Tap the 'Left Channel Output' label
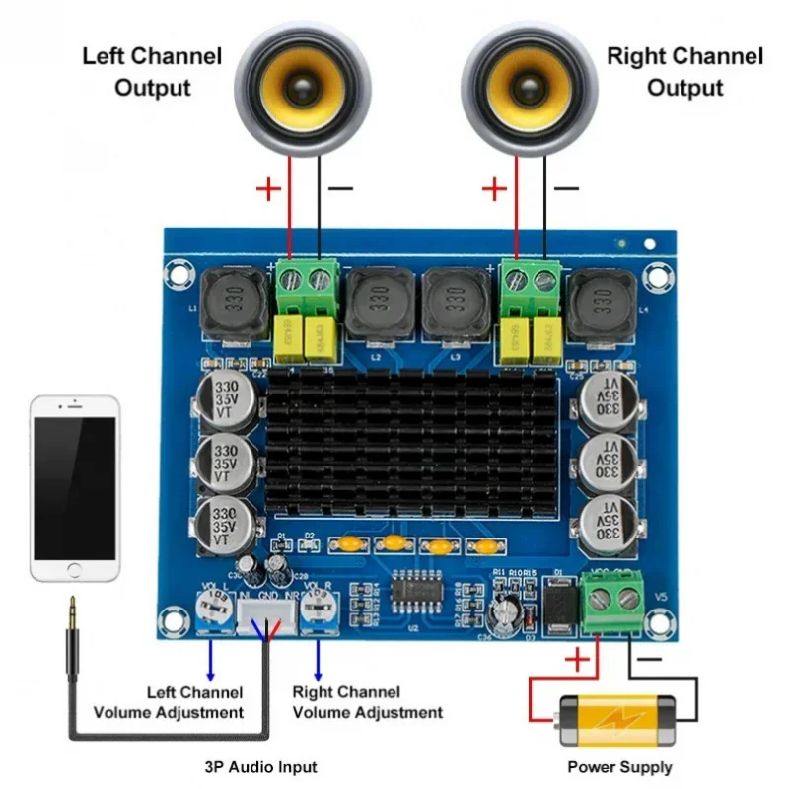pos(152,71)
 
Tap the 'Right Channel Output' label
pos(684,71)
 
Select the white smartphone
pos(75,489)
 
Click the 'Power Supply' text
pos(619,767)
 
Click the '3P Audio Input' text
pos(261,767)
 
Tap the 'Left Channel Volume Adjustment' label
pos(168,702)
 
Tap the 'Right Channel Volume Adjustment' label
pos(368,702)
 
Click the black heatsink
pos(414,444)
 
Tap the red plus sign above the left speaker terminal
pos(267,188)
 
